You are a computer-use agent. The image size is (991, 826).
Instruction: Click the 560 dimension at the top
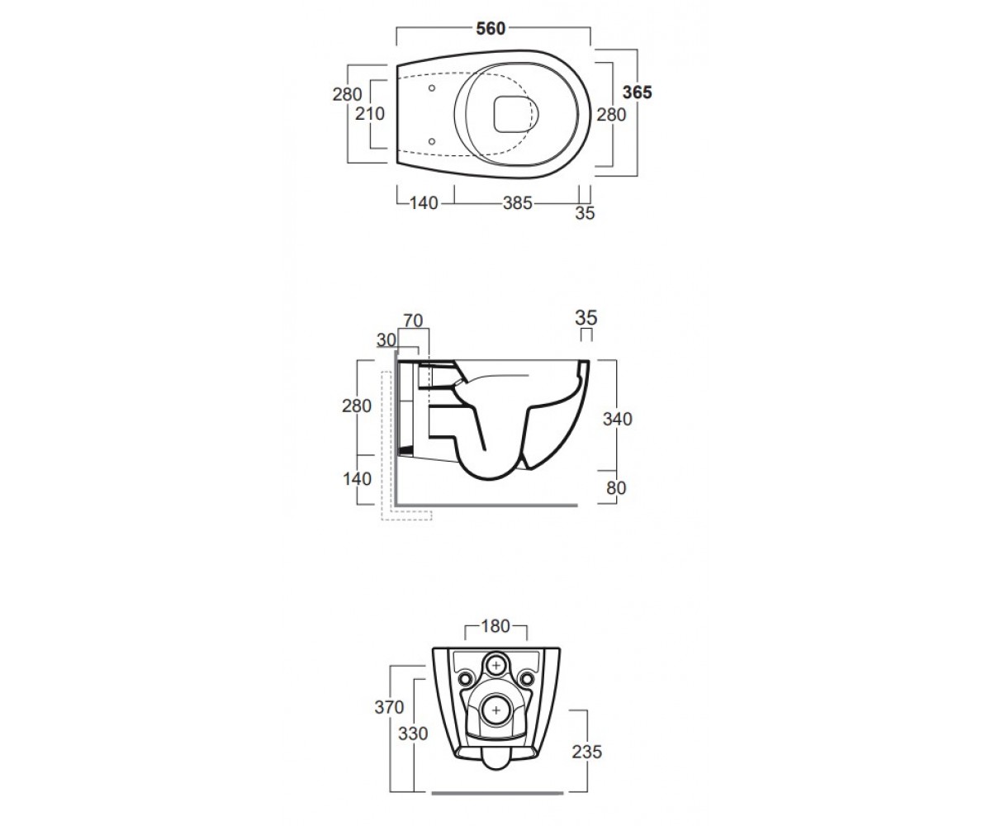click(491, 29)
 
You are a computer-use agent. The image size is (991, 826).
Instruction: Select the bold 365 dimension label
click(638, 92)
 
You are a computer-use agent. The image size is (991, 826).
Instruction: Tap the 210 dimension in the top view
click(370, 114)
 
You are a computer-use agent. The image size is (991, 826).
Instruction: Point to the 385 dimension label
click(517, 203)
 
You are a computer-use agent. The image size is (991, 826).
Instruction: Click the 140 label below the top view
click(424, 203)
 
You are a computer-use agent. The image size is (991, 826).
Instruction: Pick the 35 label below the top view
click(585, 213)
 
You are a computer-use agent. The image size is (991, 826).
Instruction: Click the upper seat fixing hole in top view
click(432, 88)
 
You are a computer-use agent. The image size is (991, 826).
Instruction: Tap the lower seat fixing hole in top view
click(432, 141)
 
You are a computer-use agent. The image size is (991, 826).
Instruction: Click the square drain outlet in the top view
click(511, 115)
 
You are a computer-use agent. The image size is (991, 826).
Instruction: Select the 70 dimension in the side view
click(413, 321)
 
